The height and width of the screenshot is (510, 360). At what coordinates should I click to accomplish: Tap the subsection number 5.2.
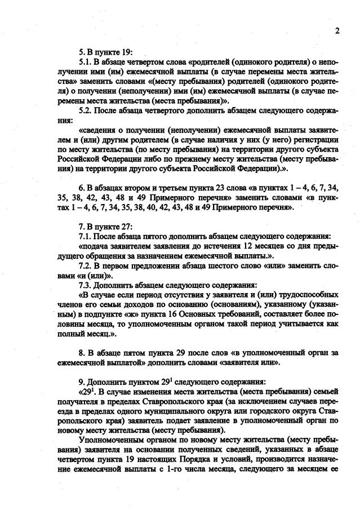point(86,111)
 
